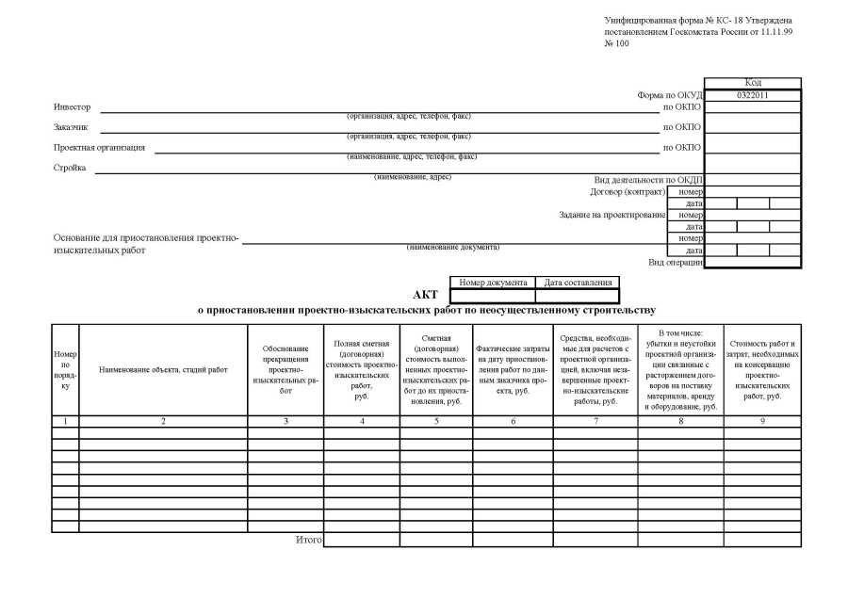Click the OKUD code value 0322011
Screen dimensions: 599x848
[x=752, y=95]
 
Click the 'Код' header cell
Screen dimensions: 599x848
[x=752, y=83]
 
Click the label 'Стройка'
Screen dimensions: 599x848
[x=70, y=168]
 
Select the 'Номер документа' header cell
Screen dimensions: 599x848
[x=493, y=282]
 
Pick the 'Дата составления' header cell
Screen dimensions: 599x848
[x=578, y=282]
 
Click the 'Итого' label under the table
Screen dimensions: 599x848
[x=308, y=540]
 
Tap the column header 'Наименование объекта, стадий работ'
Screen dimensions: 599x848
[x=163, y=369]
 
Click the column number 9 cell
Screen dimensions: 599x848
[x=762, y=421]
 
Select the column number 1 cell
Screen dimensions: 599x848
[x=65, y=421]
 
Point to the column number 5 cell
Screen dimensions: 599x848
[x=436, y=421]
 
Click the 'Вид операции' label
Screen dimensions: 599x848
[x=676, y=262]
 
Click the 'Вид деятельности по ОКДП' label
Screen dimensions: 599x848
[x=649, y=179]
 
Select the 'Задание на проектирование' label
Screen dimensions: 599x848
[x=612, y=215]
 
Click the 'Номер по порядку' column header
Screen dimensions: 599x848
[x=65, y=369]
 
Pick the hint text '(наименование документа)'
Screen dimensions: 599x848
[x=453, y=247]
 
